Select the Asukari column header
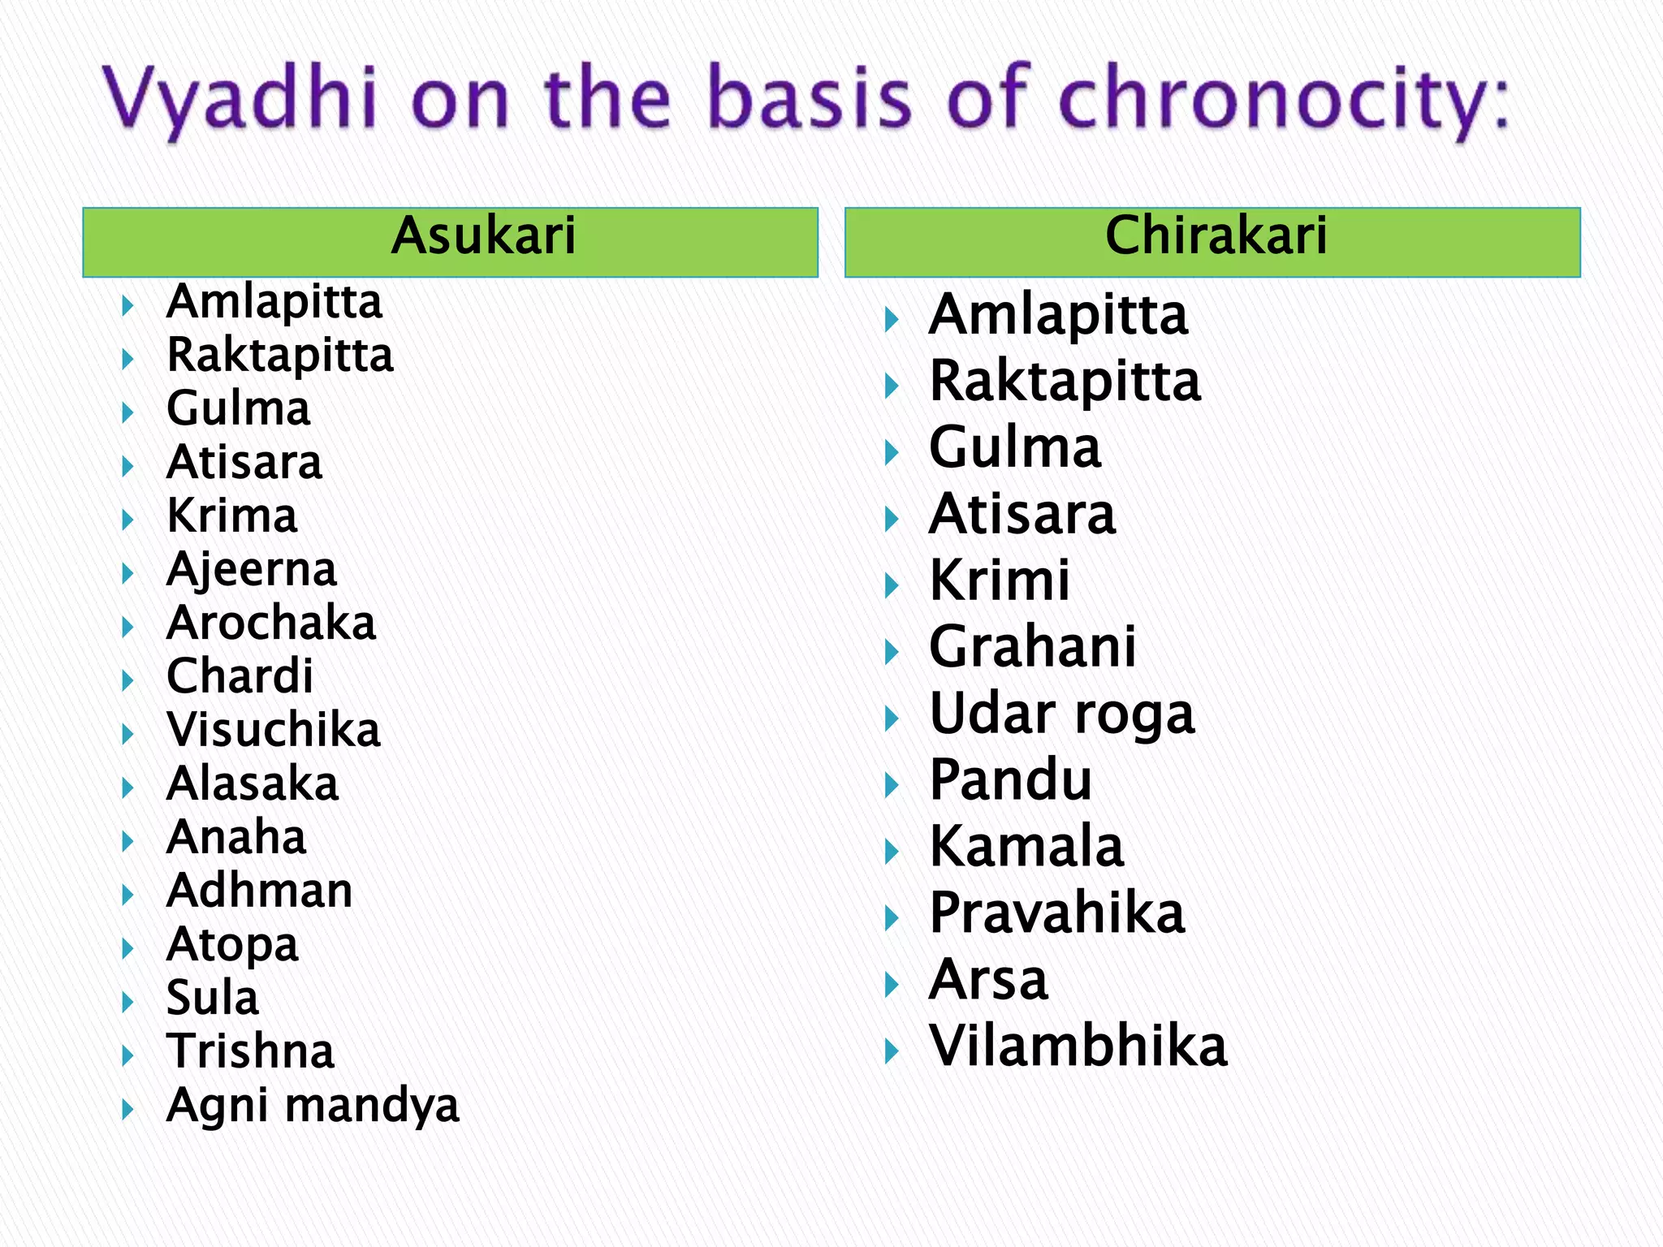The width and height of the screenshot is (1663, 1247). [483, 236]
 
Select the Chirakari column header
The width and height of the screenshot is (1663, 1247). [1216, 236]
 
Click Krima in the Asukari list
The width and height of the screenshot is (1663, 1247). [232, 516]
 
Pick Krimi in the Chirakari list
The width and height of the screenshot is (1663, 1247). [1000, 581]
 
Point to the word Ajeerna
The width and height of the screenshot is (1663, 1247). [252, 570]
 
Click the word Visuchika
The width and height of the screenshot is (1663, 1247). [274, 730]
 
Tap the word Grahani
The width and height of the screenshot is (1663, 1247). [1032, 648]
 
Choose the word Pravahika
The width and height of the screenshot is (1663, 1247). [1056, 913]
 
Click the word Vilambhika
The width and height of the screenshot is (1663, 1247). [1078, 1046]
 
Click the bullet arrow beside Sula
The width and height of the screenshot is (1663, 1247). [127, 1002]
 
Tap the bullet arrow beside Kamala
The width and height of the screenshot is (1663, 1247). [892, 852]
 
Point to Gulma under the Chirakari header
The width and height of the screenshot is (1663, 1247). [1015, 448]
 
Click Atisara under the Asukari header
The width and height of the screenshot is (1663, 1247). [244, 463]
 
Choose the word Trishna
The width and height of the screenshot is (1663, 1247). [250, 1052]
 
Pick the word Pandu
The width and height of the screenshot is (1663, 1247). [1011, 780]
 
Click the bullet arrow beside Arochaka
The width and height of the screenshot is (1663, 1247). [127, 627]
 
